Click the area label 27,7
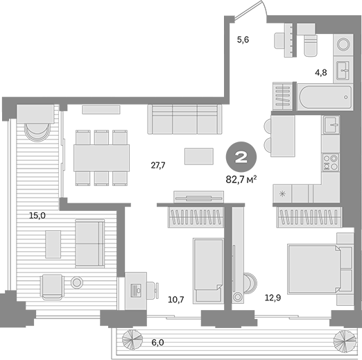(157, 165)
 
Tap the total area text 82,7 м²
(241, 179)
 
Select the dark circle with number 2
(241, 156)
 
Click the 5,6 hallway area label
(243, 40)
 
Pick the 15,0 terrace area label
(37, 216)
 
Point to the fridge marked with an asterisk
(283, 194)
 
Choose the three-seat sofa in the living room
(184, 119)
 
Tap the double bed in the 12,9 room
(313, 271)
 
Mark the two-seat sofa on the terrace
(90, 243)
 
